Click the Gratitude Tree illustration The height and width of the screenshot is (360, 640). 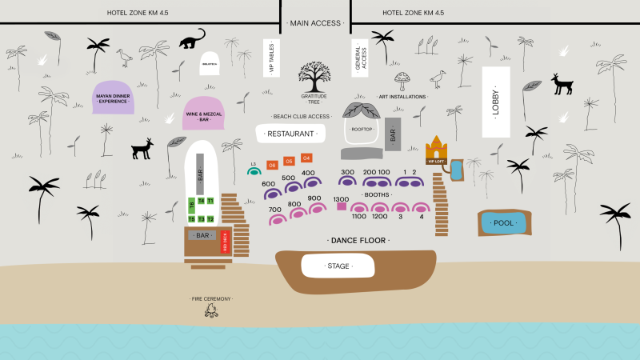(314, 77)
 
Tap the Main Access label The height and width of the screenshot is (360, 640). (315, 23)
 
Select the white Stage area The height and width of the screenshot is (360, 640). (338, 266)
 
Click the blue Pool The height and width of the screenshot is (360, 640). (504, 223)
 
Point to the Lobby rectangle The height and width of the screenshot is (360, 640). (495, 102)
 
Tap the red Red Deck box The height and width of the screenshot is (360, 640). (226, 242)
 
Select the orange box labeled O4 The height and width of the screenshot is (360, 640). (306, 158)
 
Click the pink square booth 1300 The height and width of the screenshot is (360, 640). (342, 206)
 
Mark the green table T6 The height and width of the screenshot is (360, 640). (192, 205)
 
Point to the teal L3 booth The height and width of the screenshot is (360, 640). (254, 170)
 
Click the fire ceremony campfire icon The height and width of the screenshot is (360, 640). (211, 310)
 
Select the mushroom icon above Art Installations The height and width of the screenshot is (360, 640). (402, 79)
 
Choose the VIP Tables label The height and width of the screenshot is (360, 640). (270, 58)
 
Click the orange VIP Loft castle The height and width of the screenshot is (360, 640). (435, 150)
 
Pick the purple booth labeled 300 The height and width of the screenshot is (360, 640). (346, 181)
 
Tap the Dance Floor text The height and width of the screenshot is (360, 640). (358, 240)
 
